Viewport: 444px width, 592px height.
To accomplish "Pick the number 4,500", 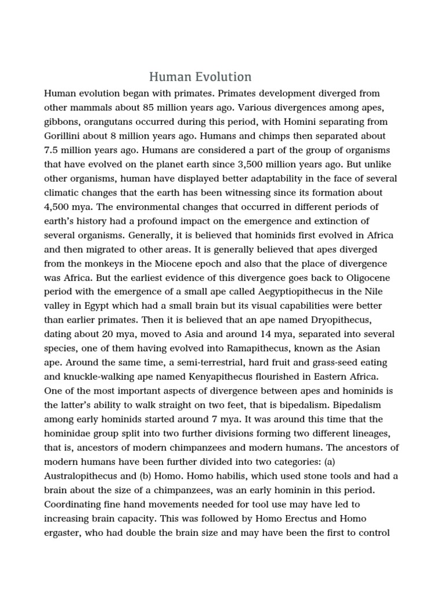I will tap(57, 207).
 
